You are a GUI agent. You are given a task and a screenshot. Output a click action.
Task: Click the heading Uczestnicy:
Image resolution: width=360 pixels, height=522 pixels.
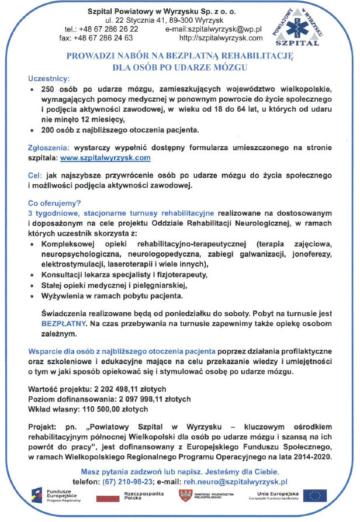[x=49, y=78]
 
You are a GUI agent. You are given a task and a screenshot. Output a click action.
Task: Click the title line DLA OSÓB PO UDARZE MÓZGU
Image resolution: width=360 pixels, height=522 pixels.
[x=180, y=67]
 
